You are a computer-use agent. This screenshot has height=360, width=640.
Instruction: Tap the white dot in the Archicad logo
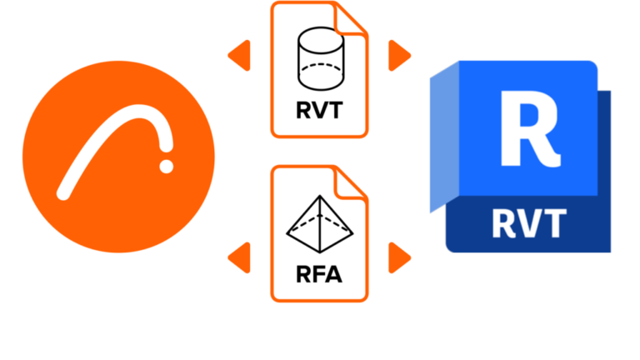(x=167, y=167)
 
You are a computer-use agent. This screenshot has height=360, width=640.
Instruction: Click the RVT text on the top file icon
(x=318, y=110)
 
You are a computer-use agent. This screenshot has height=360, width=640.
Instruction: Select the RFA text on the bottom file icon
(x=318, y=274)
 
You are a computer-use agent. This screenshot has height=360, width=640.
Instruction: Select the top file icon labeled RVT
(x=318, y=70)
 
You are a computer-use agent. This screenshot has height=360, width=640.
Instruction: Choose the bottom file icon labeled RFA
(x=318, y=233)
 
